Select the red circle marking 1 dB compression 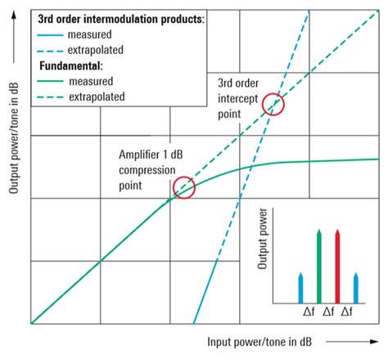[x=184, y=187]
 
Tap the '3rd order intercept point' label [x=240, y=98]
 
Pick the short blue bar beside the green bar [x=300, y=286]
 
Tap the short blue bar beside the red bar [x=355, y=286]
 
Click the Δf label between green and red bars [x=328, y=312]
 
